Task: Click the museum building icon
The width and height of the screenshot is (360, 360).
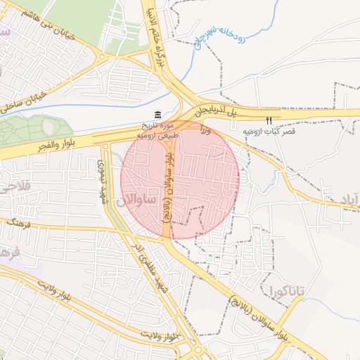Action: tap(157, 115)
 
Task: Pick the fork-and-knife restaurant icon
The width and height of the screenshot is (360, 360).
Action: tap(269, 120)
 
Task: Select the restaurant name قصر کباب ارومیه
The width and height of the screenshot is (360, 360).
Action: tap(269, 131)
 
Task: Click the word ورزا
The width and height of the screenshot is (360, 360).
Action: tap(205, 129)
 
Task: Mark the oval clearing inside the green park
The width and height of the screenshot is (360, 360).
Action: tap(48, 127)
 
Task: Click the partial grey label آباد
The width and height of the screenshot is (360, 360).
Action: tap(349, 198)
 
